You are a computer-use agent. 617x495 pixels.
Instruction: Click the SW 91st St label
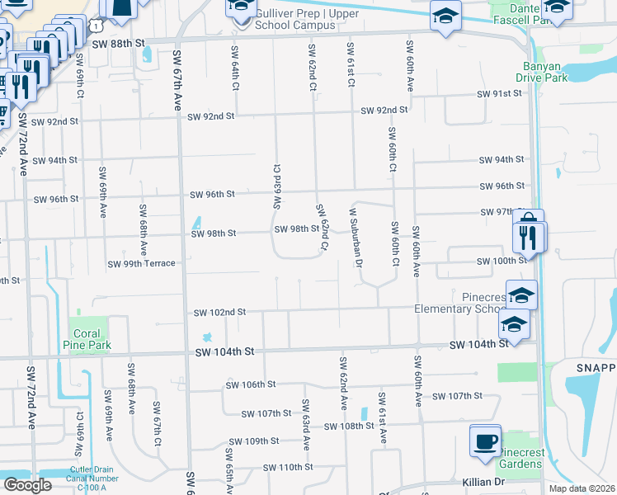point(500,93)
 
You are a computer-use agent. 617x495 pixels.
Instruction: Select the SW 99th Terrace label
point(142,264)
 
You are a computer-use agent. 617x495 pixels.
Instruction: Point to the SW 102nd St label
point(219,313)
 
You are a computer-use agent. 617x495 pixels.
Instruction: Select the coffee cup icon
point(484,439)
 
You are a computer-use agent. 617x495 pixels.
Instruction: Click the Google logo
point(27,485)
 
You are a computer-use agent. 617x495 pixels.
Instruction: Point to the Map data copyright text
point(582,488)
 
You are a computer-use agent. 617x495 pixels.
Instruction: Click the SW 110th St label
point(289,468)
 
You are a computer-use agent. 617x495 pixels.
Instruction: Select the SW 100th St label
point(502,261)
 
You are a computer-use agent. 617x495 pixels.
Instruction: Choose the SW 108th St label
point(351,427)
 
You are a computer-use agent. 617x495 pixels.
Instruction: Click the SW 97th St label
point(502,213)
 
